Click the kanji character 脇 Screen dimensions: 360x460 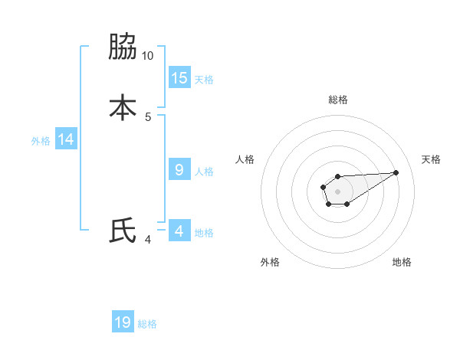tap(122, 47)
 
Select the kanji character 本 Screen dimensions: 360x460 tap(122, 107)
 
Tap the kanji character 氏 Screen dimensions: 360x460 tap(122, 231)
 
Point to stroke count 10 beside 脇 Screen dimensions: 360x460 tap(148, 56)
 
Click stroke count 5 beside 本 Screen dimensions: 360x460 tap(148, 116)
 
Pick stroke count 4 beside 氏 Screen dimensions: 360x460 tap(148, 240)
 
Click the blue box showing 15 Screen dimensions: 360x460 tap(179, 77)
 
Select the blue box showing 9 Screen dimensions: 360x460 tap(179, 170)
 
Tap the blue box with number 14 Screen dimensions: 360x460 tap(66, 139)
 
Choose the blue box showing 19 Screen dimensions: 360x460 tap(123, 322)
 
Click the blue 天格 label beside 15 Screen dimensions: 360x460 tap(204, 79)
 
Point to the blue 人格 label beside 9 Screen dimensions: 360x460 tap(204, 172)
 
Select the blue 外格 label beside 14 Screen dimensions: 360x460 tap(41, 141)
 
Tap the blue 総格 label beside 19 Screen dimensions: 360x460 tap(147, 324)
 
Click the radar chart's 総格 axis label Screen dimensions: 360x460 tap(337, 100)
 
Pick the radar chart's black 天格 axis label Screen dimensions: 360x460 tap(431, 159)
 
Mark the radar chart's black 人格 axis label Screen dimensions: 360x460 tap(245, 159)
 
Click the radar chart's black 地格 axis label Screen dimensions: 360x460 tap(402, 262)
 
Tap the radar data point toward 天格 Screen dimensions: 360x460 tap(396, 172)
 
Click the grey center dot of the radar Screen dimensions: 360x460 tap(337, 191)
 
